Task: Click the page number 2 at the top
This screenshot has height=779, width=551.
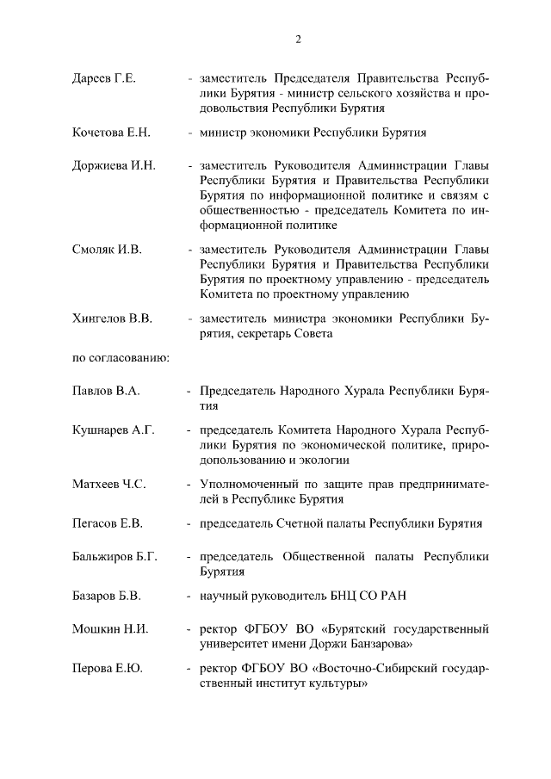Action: point(297,39)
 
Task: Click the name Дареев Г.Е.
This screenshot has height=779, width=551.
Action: point(103,79)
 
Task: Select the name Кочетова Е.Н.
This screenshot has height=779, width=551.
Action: point(111,133)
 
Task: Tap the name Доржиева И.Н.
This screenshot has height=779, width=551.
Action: point(113,165)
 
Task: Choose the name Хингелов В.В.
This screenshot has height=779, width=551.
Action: point(112,318)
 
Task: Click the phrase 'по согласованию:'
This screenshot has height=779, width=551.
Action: point(120,356)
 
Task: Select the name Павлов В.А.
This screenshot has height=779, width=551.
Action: point(106,391)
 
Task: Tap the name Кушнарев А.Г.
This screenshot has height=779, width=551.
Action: point(113,430)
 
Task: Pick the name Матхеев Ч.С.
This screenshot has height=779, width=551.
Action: point(108,484)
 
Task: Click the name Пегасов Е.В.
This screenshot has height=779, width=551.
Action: point(108,522)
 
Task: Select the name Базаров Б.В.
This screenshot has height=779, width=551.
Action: point(107,595)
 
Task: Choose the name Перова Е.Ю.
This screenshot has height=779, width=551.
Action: point(106,670)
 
